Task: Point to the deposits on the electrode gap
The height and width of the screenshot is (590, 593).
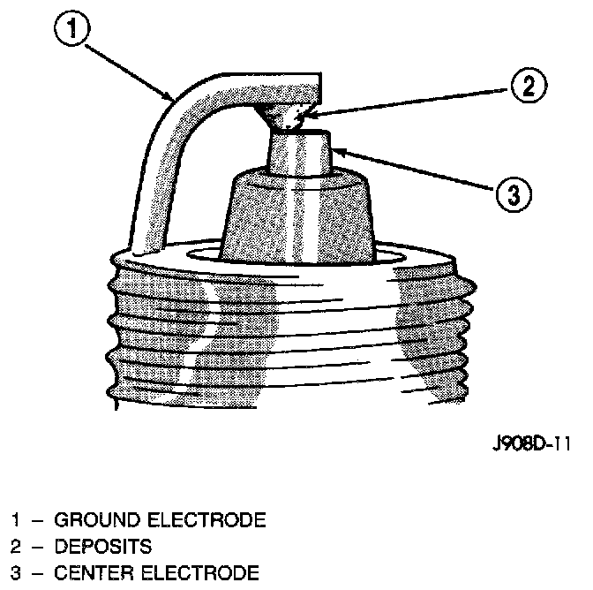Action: (x=288, y=114)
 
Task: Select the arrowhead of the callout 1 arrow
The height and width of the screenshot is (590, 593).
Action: (x=172, y=96)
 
